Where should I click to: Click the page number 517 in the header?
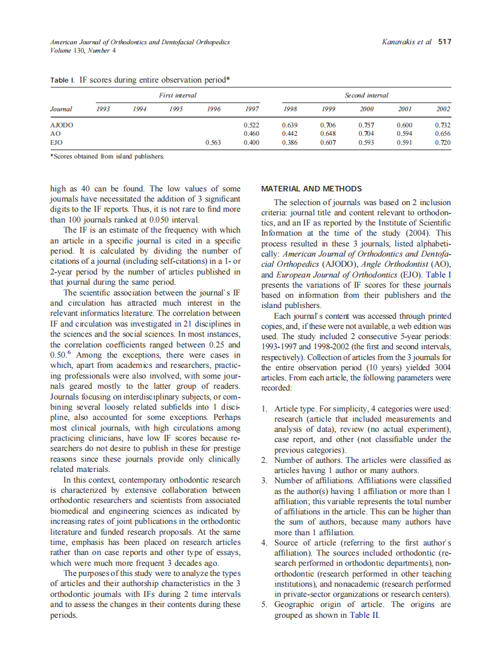pos(444,42)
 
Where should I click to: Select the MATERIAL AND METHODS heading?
pos(311,189)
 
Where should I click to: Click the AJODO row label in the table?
pos(61,125)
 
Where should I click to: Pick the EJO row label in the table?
pos(56,143)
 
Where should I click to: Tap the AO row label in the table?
pos(55,134)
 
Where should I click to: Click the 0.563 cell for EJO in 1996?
pos(213,143)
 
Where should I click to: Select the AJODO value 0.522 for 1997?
pos(251,125)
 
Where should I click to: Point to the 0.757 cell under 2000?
pos(366,125)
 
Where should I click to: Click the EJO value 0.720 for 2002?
pos(442,143)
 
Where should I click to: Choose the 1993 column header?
pos(103,109)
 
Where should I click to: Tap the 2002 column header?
pos(443,109)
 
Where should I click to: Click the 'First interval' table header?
pos(178,96)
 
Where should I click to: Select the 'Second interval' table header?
pos(366,96)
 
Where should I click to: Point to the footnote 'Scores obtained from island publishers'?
pos(108,157)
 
